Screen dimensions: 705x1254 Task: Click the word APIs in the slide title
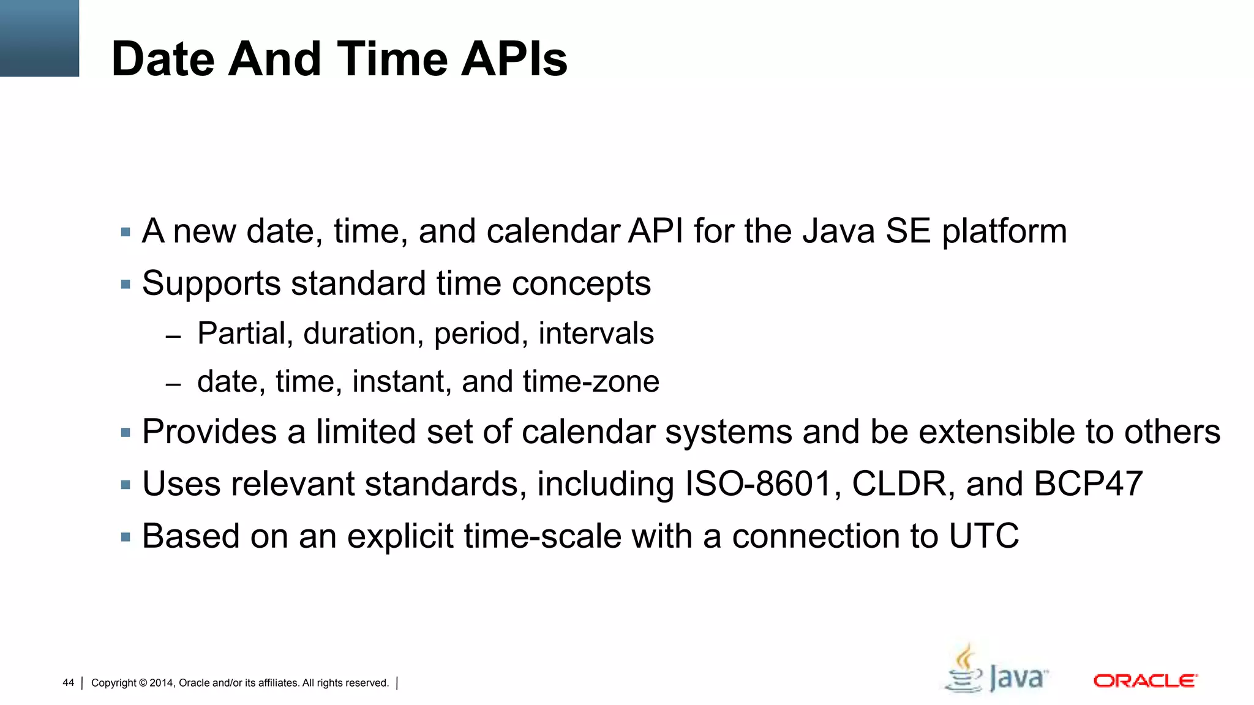[x=514, y=59]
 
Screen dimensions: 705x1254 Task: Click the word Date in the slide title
[x=164, y=59]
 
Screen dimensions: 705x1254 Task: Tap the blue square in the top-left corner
[x=39, y=38]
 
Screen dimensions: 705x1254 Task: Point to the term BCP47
[x=1088, y=484]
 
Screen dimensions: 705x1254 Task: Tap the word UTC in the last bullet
[x=984, y=537]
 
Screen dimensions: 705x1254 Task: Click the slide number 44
[x=68, y=683]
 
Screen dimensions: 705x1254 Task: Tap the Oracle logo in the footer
[x=1145, y=681]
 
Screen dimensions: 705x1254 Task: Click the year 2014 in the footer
[x=162, y=683]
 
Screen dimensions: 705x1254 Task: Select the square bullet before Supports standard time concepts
[x=126, y=285]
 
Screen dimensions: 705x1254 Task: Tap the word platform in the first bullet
[x=1004, y=233]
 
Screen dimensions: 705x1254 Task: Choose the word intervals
[x=596, y=334]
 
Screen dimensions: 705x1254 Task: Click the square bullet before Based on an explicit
[x=126, y=537]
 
